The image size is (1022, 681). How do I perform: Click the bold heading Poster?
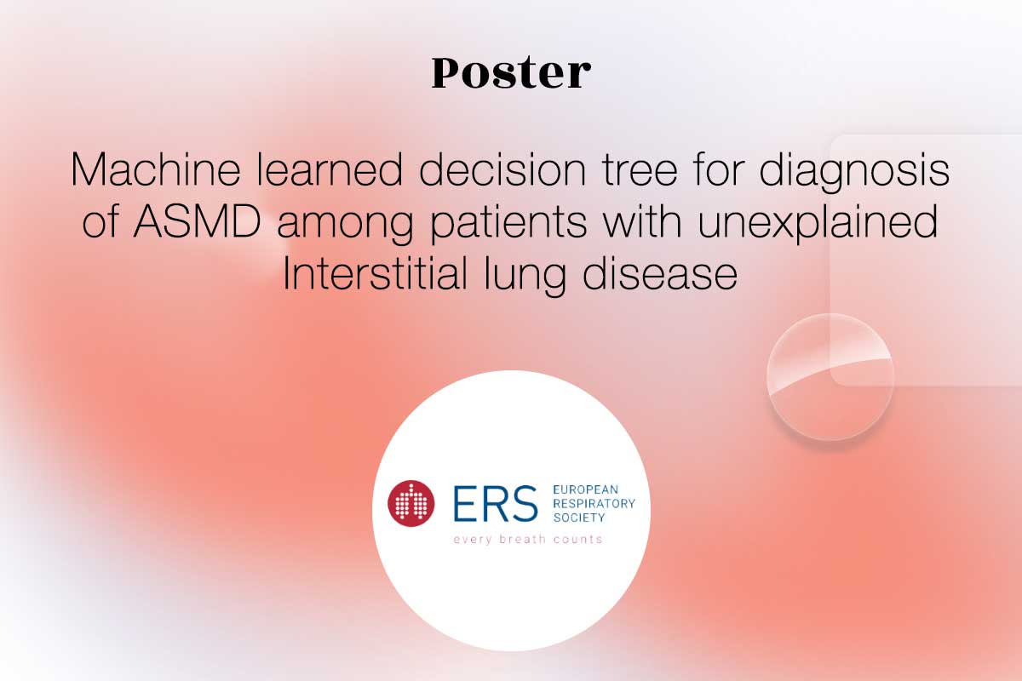coord(511,72)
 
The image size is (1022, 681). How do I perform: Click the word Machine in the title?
coord(156,169)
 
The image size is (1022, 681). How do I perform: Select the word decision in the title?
coord(502,169)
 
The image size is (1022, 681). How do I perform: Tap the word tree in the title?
coord(640,169)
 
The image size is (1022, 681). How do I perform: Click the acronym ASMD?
coord(197,221)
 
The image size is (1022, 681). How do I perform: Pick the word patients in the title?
coord(508,225)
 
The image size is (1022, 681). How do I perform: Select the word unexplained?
coord(818,225)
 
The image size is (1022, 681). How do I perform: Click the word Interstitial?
coord(375,273)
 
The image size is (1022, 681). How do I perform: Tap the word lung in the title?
coord(525,277)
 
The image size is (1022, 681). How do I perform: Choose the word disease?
coord(660,273)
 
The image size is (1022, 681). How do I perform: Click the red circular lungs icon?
coord(411,503)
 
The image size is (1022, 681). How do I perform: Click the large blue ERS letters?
coord(496,503)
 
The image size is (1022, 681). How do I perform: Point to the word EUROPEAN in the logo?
coord(586,489)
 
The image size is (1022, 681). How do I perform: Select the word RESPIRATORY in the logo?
coord(594,504)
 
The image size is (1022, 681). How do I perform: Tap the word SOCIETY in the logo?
coord(579,518)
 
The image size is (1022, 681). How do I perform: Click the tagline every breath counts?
coord(528,540)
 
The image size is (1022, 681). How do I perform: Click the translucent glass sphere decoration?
coord(830,377)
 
